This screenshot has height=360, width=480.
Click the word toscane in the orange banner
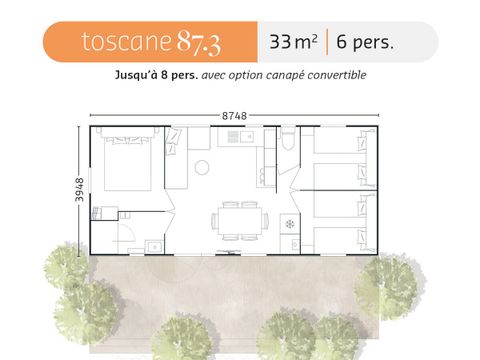(x=124, y=42)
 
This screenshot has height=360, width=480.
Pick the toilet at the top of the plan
(x=287, y=139)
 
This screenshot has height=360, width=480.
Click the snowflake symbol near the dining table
(x=291, y=222)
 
